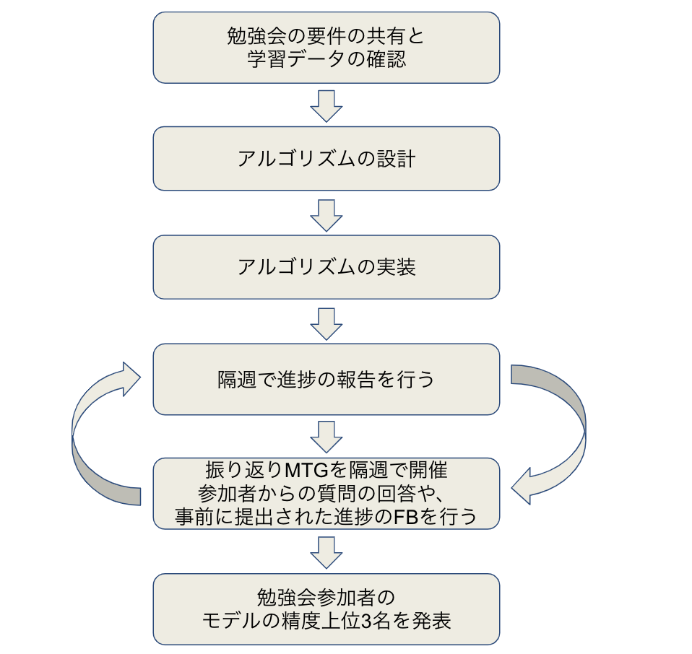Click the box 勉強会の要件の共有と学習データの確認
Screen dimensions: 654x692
[x=326, y=47]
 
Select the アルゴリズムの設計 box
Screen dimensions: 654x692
[x=326, y=159]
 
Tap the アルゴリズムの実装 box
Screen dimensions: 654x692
[x=326, y=267]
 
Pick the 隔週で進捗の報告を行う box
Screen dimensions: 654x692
[x=326, y=379]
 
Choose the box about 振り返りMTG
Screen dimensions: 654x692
[x=326, y=493]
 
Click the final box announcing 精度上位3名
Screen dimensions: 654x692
[x=326, y=609]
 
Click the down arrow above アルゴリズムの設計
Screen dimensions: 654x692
[x=326, y=105]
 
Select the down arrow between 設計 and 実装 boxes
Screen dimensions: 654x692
[x=326, y=214]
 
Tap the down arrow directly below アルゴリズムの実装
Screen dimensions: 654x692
[x=326, y=323]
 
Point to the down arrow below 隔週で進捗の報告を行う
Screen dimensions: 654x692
[x=326, y=437]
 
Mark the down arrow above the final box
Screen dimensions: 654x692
[x=326, y=551]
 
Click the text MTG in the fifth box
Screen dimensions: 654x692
[x=308, y=471]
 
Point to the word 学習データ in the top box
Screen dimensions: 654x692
[x=296, y=58]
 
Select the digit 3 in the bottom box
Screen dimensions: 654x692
[x=375, y=620]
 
